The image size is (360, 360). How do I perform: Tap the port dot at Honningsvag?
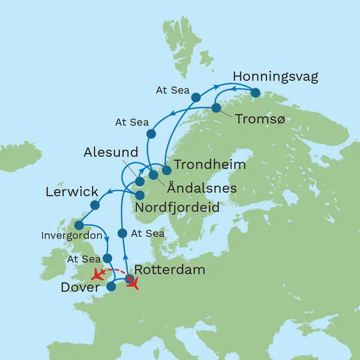tap(256, 93)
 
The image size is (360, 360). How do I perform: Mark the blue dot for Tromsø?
tap(215, 109)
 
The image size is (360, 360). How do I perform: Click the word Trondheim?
tap(202, 163)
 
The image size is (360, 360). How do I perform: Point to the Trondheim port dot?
tap(167, 170)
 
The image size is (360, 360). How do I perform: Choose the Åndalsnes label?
tap(201, 188)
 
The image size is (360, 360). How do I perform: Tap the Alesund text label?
tap(111, 152)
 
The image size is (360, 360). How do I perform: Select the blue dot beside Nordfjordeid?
tap(140, 195)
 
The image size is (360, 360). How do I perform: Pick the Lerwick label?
tap(72, 193)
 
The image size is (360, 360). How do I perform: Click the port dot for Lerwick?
tap(95, 205)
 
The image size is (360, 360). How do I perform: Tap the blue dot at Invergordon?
tap(79, 226)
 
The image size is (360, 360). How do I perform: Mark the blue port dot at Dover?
tap(111, 286)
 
